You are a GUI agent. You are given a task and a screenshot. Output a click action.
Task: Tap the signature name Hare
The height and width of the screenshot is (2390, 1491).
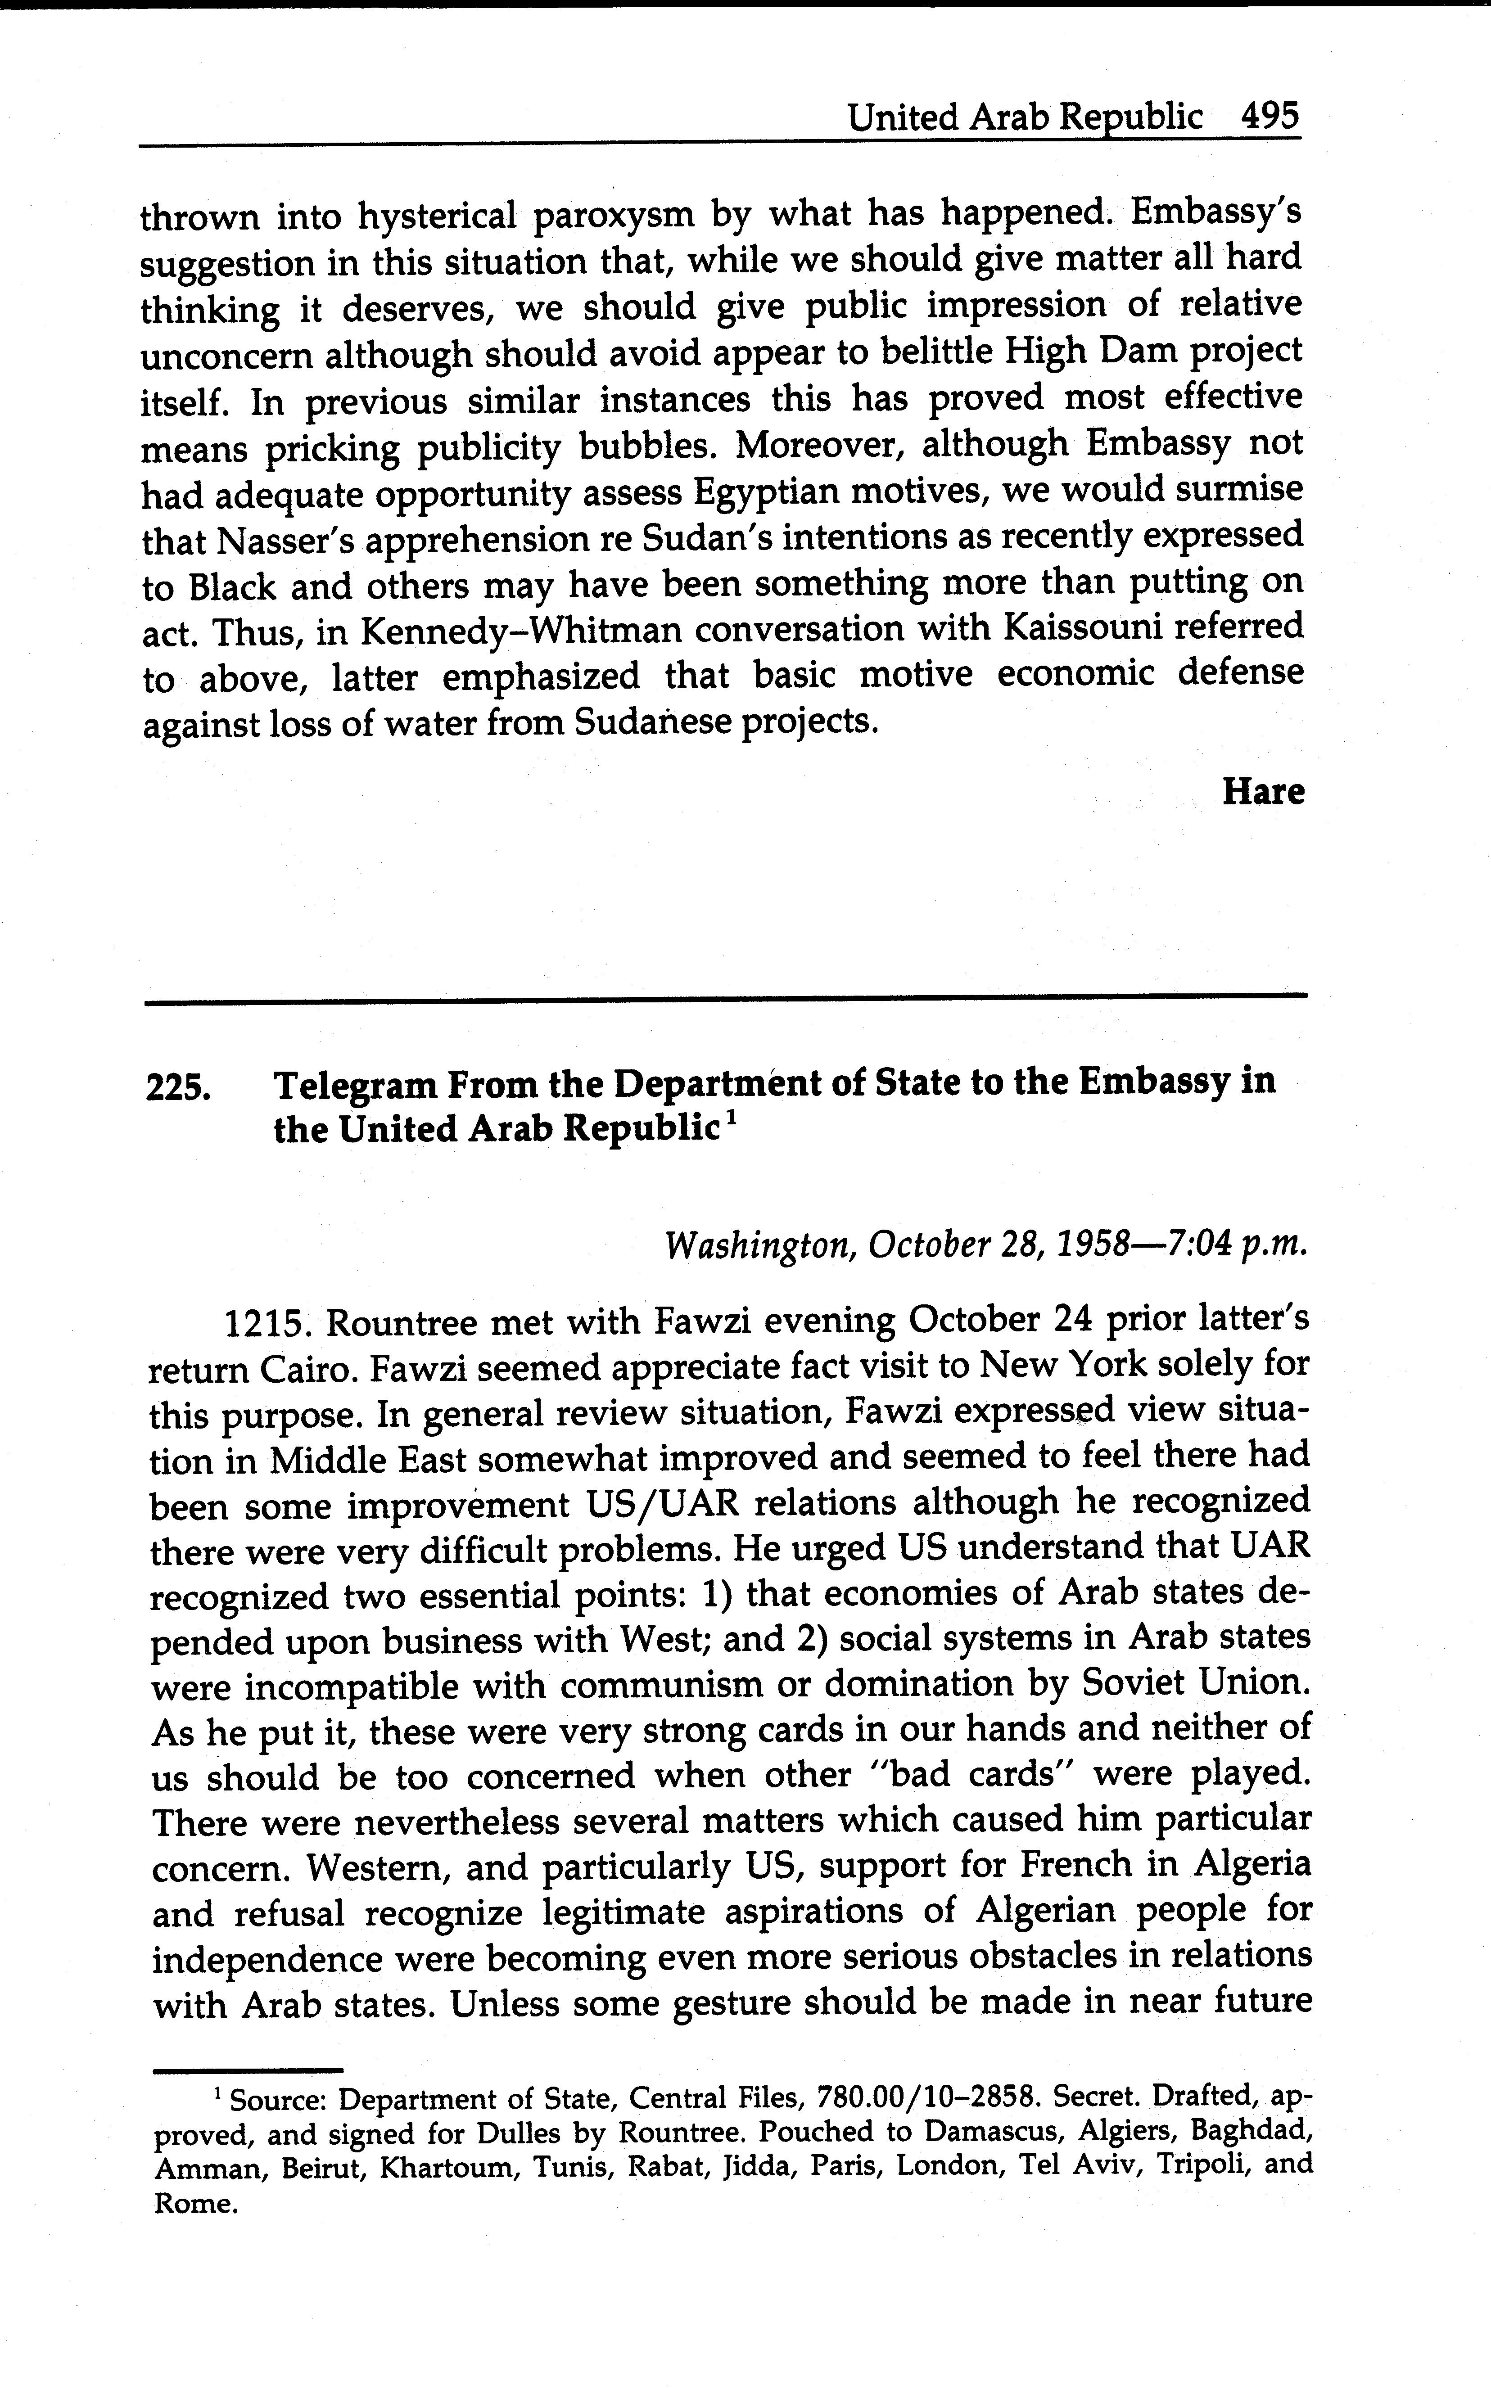pyautogui.click(x=1263, y=792)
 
